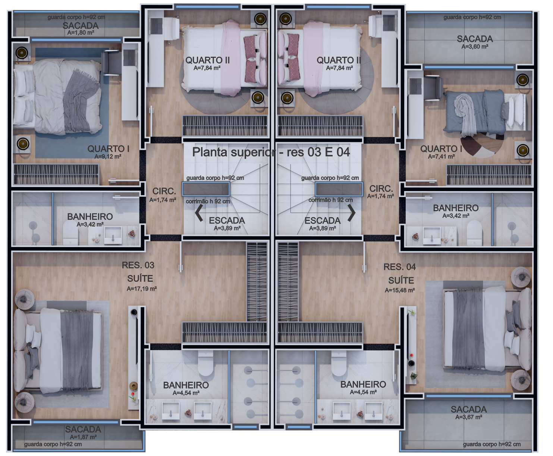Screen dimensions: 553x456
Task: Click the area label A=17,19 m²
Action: click(x=142, y=289)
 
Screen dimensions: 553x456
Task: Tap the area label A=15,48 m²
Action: click(x=400, y=290)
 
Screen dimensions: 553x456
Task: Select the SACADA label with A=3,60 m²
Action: click(x=475, y=39)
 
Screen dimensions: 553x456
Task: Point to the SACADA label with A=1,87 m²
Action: click(x=83, y=429)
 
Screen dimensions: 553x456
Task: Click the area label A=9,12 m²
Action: click(x=108, y=156)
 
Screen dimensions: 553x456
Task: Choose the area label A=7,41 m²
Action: click(x=441, y=156)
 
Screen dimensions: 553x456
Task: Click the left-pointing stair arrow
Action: click(x=199, y=214)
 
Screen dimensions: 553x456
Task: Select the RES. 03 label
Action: click(x=138, y=265)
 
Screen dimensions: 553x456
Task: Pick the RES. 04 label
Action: click(x=400, y=267)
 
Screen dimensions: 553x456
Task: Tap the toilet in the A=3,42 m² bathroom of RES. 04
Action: click(x=474, y=233)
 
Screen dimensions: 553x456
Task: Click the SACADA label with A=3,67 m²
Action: click(x=469, y=409)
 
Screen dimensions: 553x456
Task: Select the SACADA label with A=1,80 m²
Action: click(x=81, y=26)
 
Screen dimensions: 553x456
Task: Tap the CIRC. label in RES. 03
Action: click(x=164, y=191)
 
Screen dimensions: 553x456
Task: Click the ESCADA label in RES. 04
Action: click(x=322, y=221)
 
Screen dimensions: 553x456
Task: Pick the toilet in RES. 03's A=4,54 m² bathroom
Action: click(x=206, y=363)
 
